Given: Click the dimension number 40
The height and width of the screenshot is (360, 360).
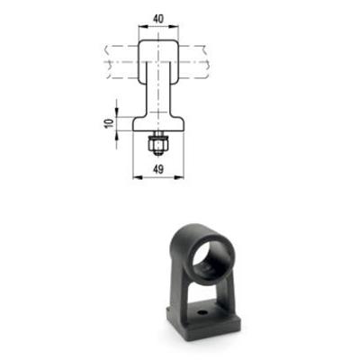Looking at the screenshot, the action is coord(158,19).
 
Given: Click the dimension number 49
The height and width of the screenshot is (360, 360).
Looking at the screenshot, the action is coord(158,169).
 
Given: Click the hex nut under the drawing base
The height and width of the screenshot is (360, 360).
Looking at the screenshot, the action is coord(158,145).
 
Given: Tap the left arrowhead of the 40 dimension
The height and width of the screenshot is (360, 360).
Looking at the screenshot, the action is coord(142,27).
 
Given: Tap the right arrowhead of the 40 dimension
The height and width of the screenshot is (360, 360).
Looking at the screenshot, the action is coord(175,27).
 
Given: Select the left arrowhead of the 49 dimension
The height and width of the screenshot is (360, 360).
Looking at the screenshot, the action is coord(137,177).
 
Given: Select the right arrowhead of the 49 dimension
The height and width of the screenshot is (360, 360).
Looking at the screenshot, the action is coord(180,177).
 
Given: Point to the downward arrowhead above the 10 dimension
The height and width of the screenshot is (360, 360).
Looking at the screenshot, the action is coord(117,112).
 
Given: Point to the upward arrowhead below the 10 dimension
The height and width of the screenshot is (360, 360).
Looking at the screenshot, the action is coord(117,134).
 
